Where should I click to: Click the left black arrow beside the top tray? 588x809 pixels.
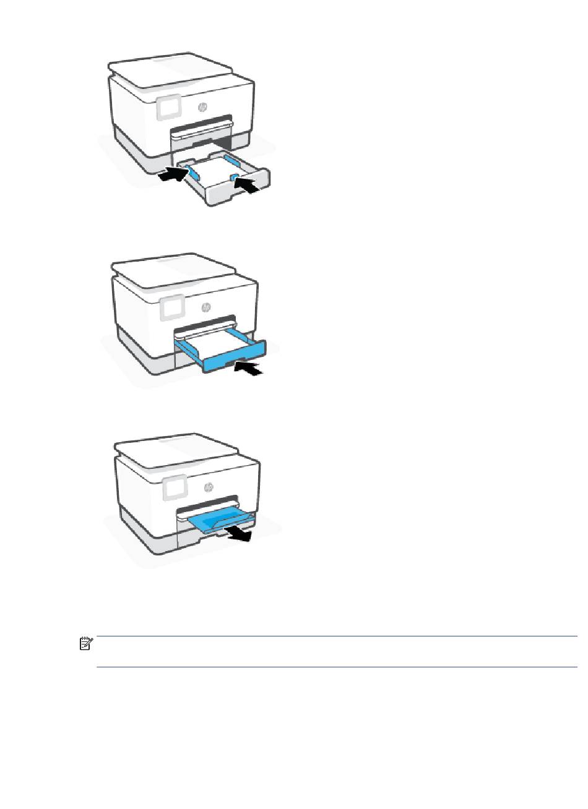(x=174, y=174)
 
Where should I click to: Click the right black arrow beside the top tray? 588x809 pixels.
(x=247, y=184)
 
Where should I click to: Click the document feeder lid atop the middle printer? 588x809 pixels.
(x=173, y=270)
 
